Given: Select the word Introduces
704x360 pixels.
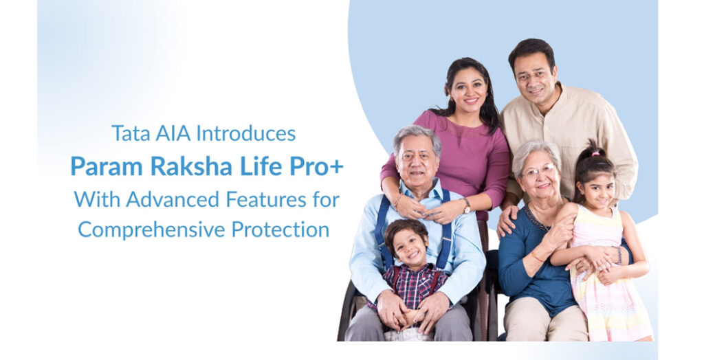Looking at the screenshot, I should (x=246, y=133).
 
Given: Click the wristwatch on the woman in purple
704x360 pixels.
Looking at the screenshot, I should (x=467, y=205).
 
